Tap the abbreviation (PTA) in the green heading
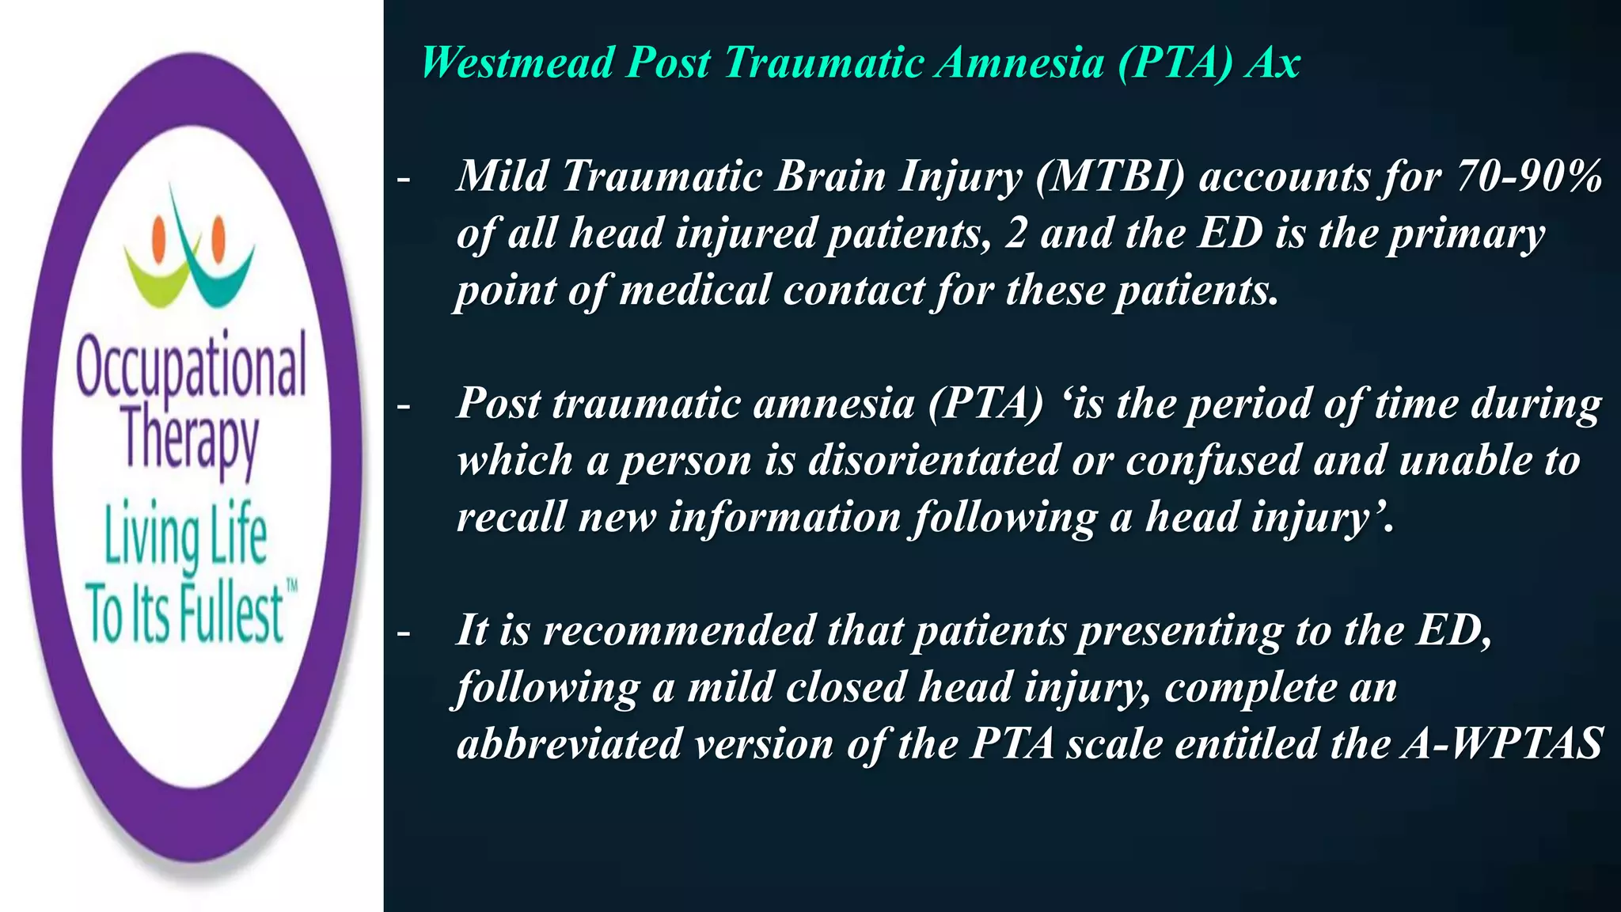click(x=1175, y=63)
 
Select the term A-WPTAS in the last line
click(x=1501, y=744)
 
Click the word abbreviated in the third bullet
click(x=568, y=744)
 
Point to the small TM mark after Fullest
click(x=291, y=587)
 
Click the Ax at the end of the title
click(x=1272, y=63)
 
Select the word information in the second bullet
click(x=784, y=518)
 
